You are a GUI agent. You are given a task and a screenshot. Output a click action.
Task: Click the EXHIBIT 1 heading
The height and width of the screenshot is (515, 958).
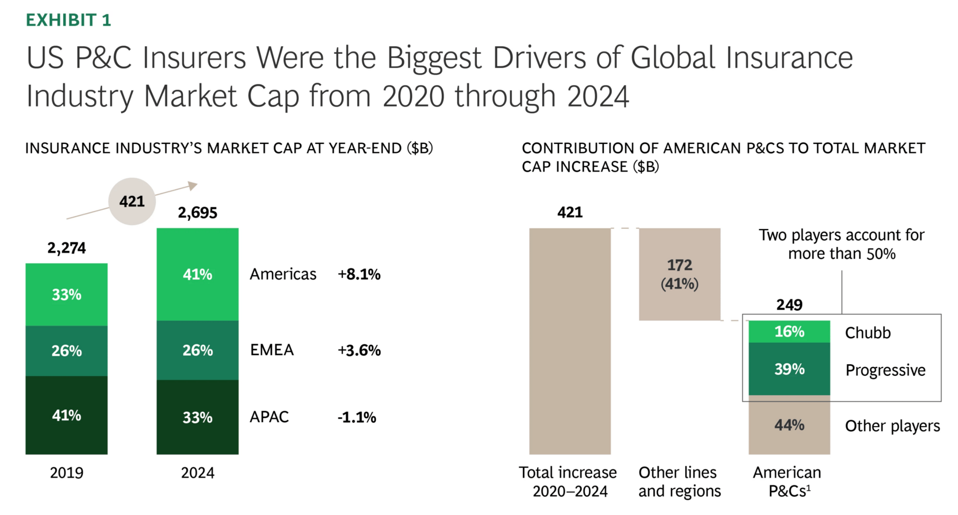(68, 20)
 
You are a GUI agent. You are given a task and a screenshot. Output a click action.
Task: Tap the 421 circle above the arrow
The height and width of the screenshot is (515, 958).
(132, 202)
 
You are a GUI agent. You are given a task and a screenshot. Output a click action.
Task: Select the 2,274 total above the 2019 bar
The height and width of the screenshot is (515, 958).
(66, 248)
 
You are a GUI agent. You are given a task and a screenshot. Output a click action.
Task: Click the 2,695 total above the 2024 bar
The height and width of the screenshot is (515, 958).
(198, 213)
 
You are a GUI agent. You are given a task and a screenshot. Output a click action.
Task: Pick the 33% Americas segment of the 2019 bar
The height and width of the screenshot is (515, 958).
(66, 294)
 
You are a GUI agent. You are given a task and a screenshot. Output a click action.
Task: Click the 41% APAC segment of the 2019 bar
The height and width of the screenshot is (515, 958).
(66, 415)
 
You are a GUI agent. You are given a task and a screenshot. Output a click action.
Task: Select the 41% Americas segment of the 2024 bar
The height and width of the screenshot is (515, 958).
(198, 274)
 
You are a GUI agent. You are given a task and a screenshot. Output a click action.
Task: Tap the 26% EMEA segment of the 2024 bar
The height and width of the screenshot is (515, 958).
(198, 350)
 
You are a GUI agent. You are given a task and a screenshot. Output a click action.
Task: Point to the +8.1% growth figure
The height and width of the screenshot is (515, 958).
(359, 274)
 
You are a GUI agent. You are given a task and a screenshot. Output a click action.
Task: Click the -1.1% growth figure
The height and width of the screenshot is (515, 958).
(357, 417)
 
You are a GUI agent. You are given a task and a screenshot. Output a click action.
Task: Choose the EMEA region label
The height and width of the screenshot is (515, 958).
(272, 350)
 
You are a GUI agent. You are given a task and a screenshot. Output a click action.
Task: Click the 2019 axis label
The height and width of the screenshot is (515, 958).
(66, 473)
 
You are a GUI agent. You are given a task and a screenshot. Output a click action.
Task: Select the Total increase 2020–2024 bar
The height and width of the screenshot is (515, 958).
(570, 341)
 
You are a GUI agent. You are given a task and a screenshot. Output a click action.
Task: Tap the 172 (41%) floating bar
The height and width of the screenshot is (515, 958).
(680, 274)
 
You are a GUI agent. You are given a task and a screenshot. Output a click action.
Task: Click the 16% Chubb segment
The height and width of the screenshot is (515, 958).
(789, 331)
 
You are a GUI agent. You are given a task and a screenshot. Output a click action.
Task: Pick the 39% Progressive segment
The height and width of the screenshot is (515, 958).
(789, 369)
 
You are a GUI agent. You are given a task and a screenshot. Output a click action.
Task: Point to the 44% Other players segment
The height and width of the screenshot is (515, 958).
(789, 425)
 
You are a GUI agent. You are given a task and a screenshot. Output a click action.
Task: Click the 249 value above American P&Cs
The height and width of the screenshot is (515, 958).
(789, 305)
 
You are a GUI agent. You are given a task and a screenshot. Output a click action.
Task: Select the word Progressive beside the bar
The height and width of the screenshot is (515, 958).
(885, 370)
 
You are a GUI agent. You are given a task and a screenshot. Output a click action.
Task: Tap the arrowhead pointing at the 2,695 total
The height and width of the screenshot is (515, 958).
(193, 186)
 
